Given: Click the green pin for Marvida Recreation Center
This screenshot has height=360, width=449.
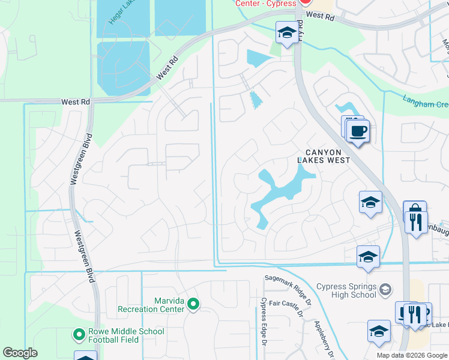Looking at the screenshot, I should pyautogui.click(x=193, y=304).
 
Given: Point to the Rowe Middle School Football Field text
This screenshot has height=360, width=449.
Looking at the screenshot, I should pyautogui.click(x=126, y=335).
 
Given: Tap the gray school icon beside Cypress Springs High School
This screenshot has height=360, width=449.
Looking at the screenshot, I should pyautogui.click(x=385, y=290).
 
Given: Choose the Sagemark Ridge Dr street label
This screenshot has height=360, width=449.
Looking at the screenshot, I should pyautogui.click(x=288, y=289).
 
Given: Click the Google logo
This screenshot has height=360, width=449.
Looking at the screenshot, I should pyautogui.click(x=20, y=352).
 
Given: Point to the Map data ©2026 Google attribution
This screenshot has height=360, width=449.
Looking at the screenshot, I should pyautogui.click(x=412, y=355).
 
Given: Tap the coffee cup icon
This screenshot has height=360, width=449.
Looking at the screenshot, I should pyautogui.click(x=359, y=130).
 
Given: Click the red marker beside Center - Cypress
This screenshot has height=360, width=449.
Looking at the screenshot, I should pyautogui.click(x=305, y=3).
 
